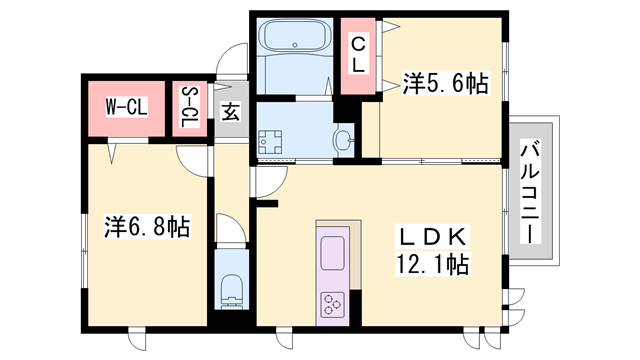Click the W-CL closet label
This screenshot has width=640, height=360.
(127, 105)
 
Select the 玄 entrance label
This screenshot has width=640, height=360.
(230, 111)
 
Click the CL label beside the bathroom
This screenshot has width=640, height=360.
(356, 53)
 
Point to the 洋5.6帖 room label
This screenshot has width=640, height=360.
(445, 84)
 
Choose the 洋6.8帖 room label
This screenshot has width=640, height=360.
(147, 227)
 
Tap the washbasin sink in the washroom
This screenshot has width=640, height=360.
(343, 141)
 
